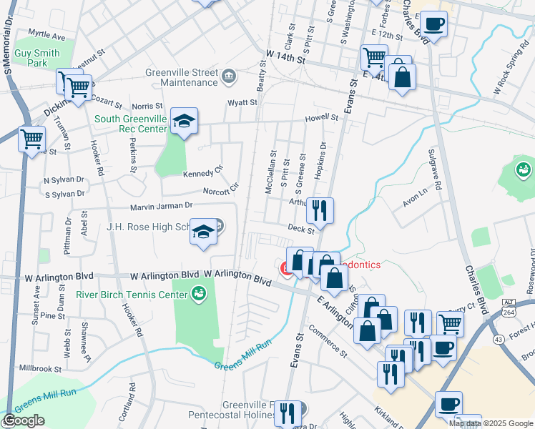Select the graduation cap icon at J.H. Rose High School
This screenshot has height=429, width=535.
[204, 232]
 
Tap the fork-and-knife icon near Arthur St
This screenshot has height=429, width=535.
[320, 210]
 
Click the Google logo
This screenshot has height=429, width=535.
[24, 421]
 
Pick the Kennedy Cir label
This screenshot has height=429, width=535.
[203, 173]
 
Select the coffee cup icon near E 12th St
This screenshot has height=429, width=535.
[433, 24]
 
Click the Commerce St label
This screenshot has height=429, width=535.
[328, 342]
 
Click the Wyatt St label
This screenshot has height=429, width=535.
[242, 103]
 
